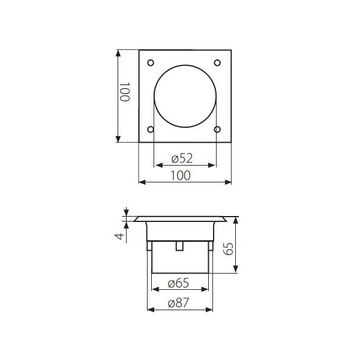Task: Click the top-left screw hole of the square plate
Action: pos(151,62)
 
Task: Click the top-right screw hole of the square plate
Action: pos(217,62)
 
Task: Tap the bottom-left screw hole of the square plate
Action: pos(151,130)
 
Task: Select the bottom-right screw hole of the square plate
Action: pos(217,130)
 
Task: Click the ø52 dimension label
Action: pos(182,158)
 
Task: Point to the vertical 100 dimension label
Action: pos(125,92)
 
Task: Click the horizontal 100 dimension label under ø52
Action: pos(181,176)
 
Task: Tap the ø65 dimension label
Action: pos(178,283)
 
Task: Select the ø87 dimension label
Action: pos(178,303)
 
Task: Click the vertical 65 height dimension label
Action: pos(229,249)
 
